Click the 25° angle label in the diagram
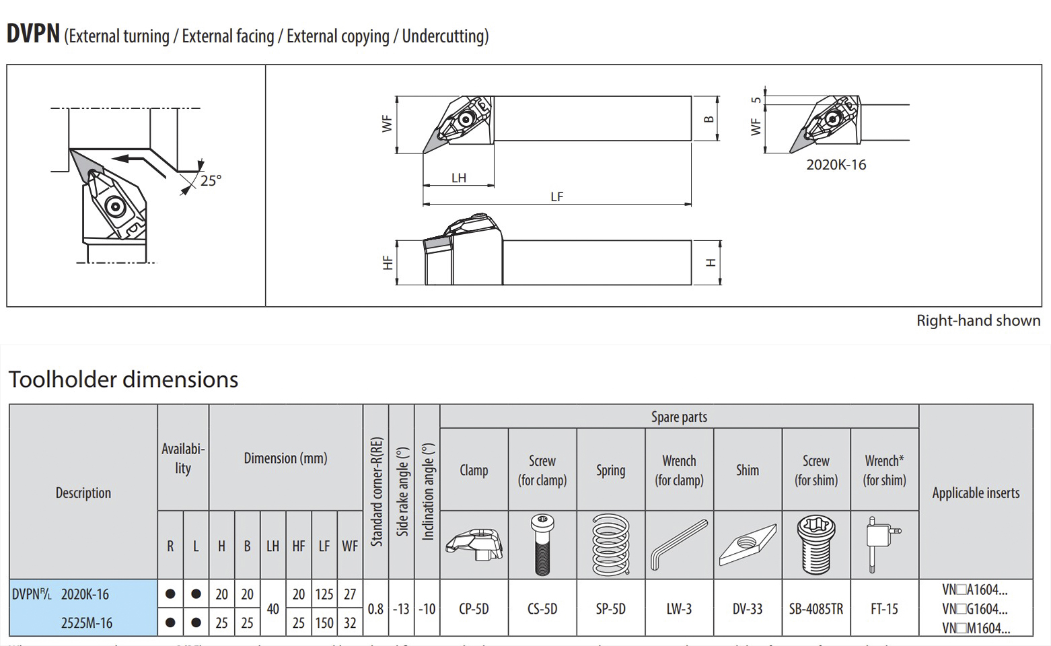(211, 180)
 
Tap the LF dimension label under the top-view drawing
(556, 196)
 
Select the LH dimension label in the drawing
(459, 178)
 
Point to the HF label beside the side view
(388, 262)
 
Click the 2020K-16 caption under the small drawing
(836, 165)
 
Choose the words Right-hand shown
(978, 321)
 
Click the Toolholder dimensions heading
(123, 380)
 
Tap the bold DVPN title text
(33, 34)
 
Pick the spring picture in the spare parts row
(610, 544)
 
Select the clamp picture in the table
(474, 544)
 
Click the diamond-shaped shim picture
(747, 544)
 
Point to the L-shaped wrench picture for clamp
(679, 544)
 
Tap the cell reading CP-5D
(474, 609)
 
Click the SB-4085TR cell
(816, 609)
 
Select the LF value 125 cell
(324, 594)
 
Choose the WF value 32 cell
(350, 623)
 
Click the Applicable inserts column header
(976, 493)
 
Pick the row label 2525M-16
(87, 623)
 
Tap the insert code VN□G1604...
(975, 609)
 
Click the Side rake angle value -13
(401, 609)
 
